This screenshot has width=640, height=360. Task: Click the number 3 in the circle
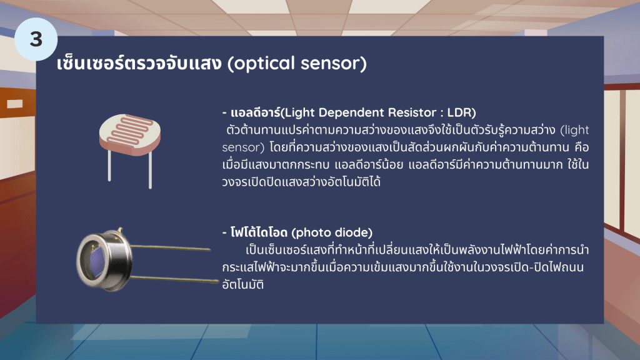click(x=36, y=39)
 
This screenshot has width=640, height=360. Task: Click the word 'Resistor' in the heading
click(x=412, y=112)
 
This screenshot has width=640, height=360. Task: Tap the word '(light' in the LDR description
click(x=575, y=130)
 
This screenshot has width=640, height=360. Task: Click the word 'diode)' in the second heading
click(x=353, y=232)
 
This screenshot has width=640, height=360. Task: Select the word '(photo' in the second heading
click(x=311, y=233)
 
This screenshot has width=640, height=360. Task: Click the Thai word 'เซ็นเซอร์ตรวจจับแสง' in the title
click(x=139, y=63)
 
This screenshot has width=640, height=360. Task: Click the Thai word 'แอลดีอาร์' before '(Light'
click(x=256, y=112)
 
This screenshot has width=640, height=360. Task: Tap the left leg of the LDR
click(x=109, y=165)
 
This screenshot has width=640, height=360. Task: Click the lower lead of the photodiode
click(x=175, y=279)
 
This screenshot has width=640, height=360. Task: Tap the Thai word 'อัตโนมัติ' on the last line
click(x=243, y=284)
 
